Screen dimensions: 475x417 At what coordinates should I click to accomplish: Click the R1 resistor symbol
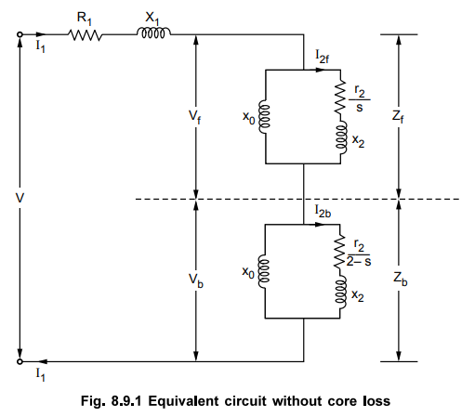coord(85,34)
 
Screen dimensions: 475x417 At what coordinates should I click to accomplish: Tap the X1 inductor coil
coord(153,33)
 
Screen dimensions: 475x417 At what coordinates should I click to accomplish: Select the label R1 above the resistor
coord(85,19)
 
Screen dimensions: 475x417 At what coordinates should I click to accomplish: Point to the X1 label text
coord(152,19)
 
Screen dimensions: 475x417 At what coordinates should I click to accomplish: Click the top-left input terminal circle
coord(20,34)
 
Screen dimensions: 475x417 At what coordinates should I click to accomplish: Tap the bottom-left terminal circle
coord(20,361)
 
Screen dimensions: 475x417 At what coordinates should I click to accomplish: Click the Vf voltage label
coord(194,117)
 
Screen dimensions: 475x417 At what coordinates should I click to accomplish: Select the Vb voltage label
coord(196,280)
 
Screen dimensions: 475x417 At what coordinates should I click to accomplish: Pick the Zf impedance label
coord(398,117)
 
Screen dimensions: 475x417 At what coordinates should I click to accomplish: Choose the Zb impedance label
coord(401,279)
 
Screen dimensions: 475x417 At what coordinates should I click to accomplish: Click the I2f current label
coord(323,57)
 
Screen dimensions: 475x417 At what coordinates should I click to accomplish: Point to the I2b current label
coord(323,211)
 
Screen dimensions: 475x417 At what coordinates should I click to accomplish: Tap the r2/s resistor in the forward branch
coord(340,97)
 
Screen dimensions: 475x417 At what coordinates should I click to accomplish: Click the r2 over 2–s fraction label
coord(359,254)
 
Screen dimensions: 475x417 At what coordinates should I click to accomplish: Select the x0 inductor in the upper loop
coord(264,117)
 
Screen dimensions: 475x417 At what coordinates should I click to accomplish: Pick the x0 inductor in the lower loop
coord(264,272)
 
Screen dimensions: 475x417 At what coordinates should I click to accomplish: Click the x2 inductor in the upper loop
coord(341,137)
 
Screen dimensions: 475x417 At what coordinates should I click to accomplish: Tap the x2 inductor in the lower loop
coord(340,293)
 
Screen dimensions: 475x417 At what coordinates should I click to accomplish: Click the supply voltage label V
coord(20,198)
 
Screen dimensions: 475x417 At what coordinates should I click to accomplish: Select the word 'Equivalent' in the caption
coord(184,401)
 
